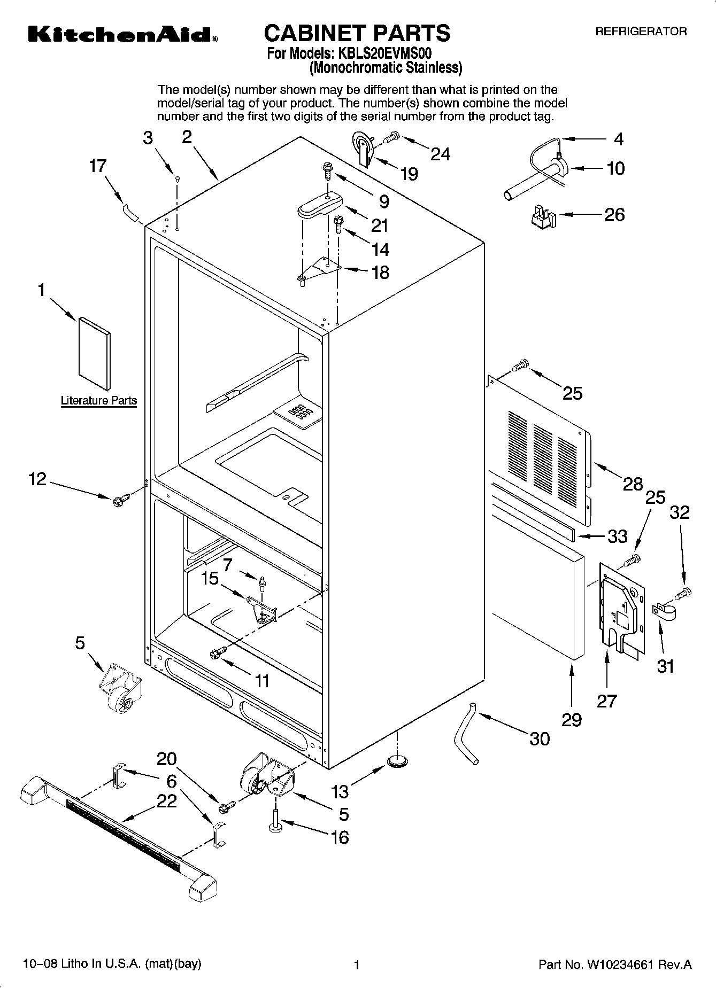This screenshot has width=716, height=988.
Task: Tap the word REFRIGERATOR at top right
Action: pos(641,32)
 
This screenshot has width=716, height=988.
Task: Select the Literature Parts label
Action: pos(98,400)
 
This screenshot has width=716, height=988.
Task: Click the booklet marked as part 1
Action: pos(95,353)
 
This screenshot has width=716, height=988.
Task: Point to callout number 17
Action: pos(97,166)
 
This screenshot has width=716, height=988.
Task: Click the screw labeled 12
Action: pos(119,501)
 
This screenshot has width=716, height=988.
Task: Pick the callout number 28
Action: pos(633,484)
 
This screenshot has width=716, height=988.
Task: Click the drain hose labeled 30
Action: pos(466,735)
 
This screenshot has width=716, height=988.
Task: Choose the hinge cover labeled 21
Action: pos(319,205)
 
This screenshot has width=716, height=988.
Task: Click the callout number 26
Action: pos(614,215)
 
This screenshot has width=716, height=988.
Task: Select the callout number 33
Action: pos(617,536)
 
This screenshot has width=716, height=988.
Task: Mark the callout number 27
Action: pos(607,700)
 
